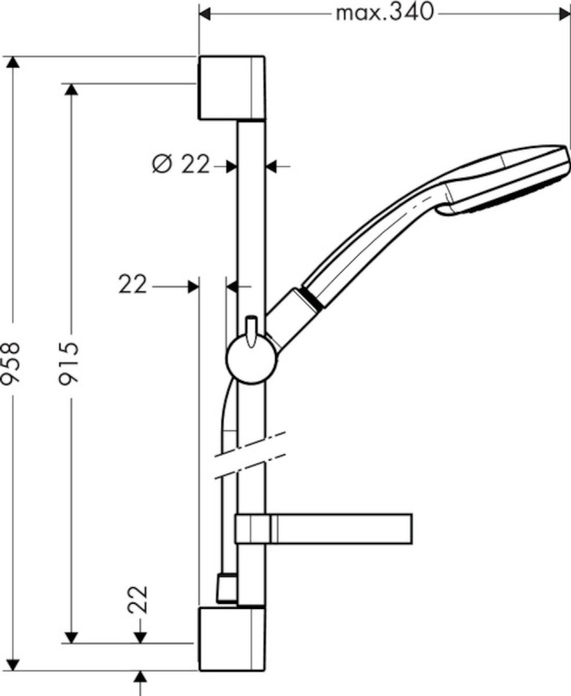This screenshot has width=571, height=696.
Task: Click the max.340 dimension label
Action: pos(384,13)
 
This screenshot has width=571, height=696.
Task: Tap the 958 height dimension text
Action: pos(10,362)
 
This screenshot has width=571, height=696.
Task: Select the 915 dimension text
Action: pos(69,363)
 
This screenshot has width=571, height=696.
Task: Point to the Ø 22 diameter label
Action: pos(180,165)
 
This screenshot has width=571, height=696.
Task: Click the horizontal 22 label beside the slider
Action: pos(132,284)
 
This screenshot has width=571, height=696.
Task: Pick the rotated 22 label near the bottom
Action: pos(138,600)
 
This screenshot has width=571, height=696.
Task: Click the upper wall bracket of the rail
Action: pos(232,88)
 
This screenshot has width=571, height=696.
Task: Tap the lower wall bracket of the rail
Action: pos(232,639)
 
